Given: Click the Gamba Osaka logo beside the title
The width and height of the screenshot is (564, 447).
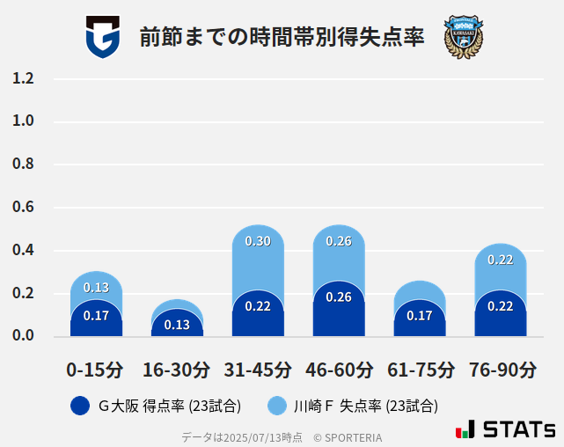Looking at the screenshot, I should coord(102,37).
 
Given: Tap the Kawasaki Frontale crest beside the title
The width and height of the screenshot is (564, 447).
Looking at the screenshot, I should coord(464,37).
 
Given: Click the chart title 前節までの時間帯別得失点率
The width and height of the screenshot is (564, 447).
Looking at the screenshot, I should coord(282,38).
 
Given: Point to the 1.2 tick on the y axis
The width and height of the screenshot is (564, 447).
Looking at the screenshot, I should coord(23,78).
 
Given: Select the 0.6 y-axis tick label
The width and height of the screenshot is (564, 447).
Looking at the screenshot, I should coord(23,208).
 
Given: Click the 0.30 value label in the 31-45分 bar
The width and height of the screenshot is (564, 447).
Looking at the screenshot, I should coord(258,241).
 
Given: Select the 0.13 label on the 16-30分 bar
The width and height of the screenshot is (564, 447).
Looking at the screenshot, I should coord(177,325).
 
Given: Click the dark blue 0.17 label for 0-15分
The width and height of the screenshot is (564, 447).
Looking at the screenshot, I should coord(96,316).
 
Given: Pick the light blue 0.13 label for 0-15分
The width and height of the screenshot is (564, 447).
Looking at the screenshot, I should coord(96,288).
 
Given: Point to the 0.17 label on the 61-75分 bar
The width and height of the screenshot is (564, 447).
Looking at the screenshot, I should coord(420,316).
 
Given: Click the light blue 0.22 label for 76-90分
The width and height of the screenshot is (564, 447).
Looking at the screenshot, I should coord(500,260).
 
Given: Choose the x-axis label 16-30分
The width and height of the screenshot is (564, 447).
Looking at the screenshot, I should coord(177,370).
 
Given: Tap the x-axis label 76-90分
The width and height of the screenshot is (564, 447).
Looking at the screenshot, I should coord(500,370).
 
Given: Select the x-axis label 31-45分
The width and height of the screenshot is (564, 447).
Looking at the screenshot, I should coord(258,370).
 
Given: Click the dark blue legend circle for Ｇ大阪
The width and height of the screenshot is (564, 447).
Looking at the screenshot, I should coord(80,406).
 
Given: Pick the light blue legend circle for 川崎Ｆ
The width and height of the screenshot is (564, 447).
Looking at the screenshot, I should coord(278,406).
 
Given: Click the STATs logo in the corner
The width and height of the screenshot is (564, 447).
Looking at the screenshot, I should coord(505,429).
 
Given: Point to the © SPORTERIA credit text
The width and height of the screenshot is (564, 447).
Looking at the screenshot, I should coord(348,437).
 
